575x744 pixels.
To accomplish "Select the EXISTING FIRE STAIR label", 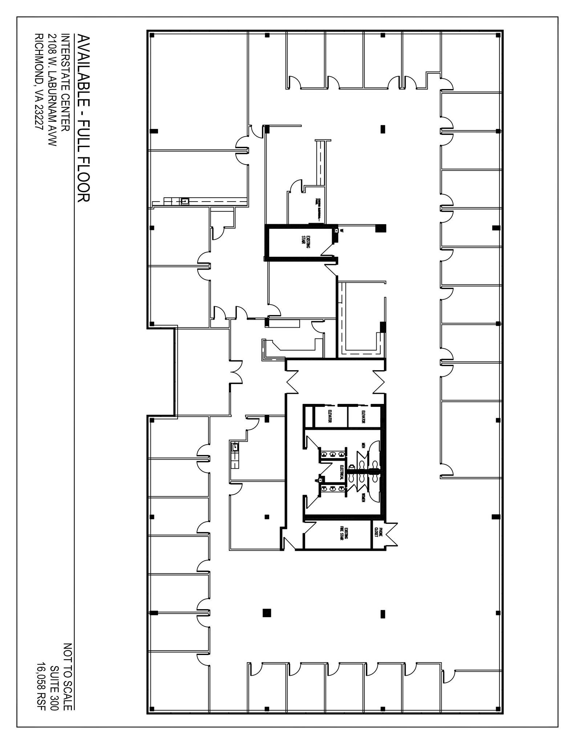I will click(344, 534).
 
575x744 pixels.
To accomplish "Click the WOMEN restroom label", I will click(363, 498).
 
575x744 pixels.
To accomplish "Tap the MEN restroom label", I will click(363, 445).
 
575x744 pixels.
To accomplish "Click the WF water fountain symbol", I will click(337, 231).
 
